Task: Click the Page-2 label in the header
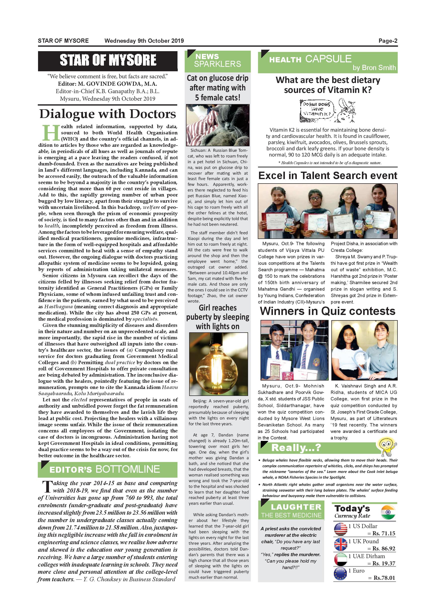pyautogui.click(x=388, y=41)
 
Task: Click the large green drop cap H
pyautogui.click(x=51, y=133)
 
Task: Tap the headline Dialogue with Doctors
pyautogui.click(x=108, y=114)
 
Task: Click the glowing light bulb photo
pyautogui.click(x=218, y=364)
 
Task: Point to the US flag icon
pyautogui.click(x=341, y=529)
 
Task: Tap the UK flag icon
pyautogui.click(x=341, y=544)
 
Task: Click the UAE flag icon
pyautogui.click(x=341, y=559)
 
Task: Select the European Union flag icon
pyautogui.click(x=341, y=574)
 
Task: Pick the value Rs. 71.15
pyautogui.click(x=384, y=533)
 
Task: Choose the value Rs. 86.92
pyautogui.click(x=384, y=548)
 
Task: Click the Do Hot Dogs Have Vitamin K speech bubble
pyautogui.click(x=317, y=109)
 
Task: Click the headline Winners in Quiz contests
pyautogui.click(x=328, y=311)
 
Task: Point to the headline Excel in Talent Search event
pyautogui.click(x=328, y=175)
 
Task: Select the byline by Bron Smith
pyautogui.click(x=374, y=68)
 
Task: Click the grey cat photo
pyautogui.click(x=218, y=125)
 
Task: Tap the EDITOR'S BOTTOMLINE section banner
pyautogui.click(x=108, y=469)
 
